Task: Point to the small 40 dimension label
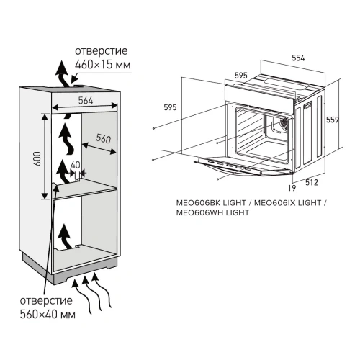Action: [x=75, y=165]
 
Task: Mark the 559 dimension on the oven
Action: [x=332, y=120]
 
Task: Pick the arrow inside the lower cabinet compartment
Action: [x=66, y=236]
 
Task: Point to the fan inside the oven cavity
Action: [x=275, y=127]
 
